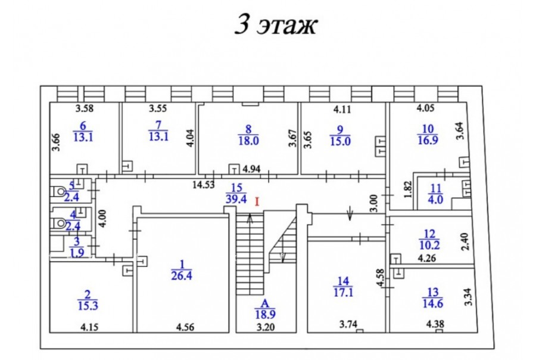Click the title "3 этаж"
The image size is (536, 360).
click(275, 25)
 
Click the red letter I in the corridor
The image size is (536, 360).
click(257, 202)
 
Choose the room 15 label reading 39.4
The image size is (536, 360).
click(236, 193)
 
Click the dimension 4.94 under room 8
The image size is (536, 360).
click(253, 169)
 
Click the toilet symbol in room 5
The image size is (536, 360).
click(58, 191)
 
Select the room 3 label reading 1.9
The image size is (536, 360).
click(77, 246)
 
